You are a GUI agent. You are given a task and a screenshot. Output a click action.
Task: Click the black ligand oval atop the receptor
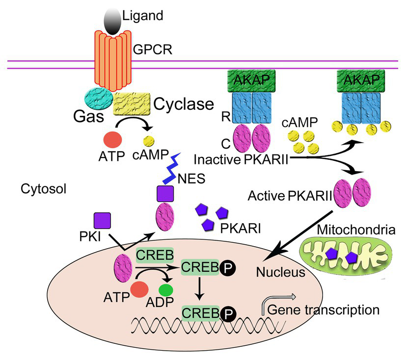(112, 21)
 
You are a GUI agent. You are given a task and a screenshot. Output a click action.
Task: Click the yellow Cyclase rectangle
(132, 103)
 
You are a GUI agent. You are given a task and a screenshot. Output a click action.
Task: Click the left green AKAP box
(251, 79)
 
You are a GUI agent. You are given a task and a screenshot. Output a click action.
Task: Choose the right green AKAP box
(361, 79)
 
